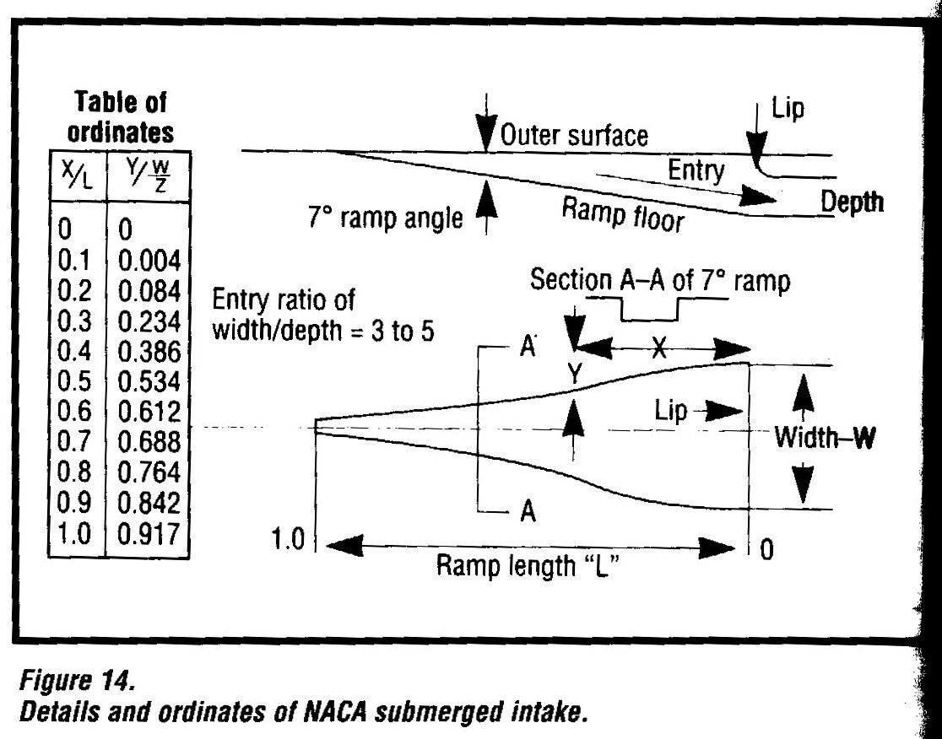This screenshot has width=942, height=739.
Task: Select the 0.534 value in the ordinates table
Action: pyautogui.click(x=149, y=381)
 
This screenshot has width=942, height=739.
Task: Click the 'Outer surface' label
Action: pyautogui.click(x=575, y=136)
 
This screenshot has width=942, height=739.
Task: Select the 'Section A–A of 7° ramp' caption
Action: pyautogui.click(x=660, y=282)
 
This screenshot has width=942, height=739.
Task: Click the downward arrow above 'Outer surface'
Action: pyautogui.click(x=485, y=132)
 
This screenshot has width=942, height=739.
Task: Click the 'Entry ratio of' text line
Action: pyautogui.click(x=284, y=299)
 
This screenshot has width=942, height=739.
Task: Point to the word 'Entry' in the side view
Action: pyautogui.click(x=696, y=171)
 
